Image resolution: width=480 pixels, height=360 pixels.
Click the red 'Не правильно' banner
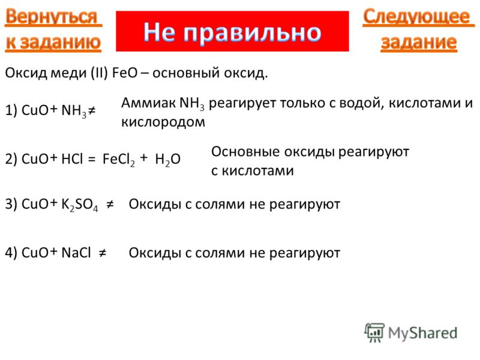tap(232, 31)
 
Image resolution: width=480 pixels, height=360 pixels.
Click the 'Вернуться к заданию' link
tap(53, 29)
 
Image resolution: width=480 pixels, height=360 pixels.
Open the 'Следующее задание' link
tap(418, 29)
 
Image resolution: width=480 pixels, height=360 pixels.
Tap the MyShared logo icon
tap(374, 333)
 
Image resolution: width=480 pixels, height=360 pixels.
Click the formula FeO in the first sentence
tap(125, 73)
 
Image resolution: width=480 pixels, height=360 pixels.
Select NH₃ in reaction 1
tap(74, 110)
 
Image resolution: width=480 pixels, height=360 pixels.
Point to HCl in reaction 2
tap(72, 159)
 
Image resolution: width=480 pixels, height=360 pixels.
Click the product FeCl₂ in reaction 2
tap(118, 160)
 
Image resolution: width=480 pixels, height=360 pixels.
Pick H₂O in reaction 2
tap(168, 160)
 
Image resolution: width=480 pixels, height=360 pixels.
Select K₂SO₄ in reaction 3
tap(80, 205)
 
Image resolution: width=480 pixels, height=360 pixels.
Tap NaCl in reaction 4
tap(76, 253)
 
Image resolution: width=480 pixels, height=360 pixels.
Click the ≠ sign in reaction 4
tap(103, 253)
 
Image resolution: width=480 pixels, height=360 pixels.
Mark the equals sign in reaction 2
tap(92, 159)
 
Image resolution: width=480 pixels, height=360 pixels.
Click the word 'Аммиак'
tap(149, 103)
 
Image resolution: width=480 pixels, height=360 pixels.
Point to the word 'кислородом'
tap(163, 122)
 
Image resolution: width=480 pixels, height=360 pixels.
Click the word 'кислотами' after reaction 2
tap(258, 171)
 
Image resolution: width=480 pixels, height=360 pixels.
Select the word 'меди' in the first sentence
tap(68, 73)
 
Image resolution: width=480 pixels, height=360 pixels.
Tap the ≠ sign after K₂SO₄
tap(110, 204)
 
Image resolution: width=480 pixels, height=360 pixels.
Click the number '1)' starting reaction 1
tap(11, 110)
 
